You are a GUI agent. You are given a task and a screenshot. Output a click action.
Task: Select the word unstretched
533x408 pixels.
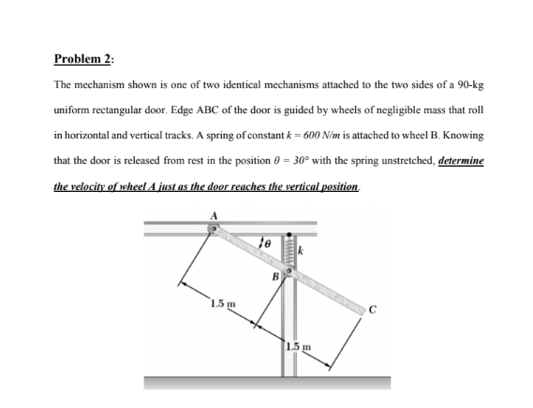[398, 160]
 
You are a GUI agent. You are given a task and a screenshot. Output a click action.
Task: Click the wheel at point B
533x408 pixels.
[290, 272]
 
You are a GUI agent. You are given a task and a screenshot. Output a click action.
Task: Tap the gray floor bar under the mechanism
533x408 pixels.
[267, 382]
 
